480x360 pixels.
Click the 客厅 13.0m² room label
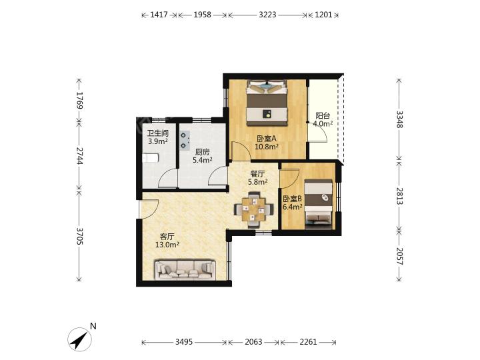[x=167, y=241]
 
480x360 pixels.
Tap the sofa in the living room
[x=185, y=270]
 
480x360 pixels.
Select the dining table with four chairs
[x=254, y=210]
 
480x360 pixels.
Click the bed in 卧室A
[x=267, y=103]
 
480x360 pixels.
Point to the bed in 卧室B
[x=319, y=204]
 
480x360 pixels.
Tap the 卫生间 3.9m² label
[x=157, y=137]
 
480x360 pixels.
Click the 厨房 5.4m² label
[x=203, y=156]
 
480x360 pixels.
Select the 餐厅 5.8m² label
[x=258, y=178]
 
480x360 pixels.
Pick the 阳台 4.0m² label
[x=323, y=120]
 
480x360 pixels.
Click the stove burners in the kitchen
[x=185, y=141]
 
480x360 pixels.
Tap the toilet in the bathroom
[x=151, y=158]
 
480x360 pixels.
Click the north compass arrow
[x=79, y=339]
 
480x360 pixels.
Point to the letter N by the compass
[x=93, y=326]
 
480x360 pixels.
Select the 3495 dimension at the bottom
[x=184, y=342]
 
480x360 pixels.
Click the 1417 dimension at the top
[x=159, y=15]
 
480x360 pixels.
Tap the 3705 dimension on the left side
[x=79, y=236]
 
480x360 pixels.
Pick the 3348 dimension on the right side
[x=399, y=119]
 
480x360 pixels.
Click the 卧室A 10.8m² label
[x=267, y=143]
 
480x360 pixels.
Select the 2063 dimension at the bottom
[x=253, y=342]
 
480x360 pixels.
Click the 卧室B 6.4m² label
[x=293, y=203]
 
